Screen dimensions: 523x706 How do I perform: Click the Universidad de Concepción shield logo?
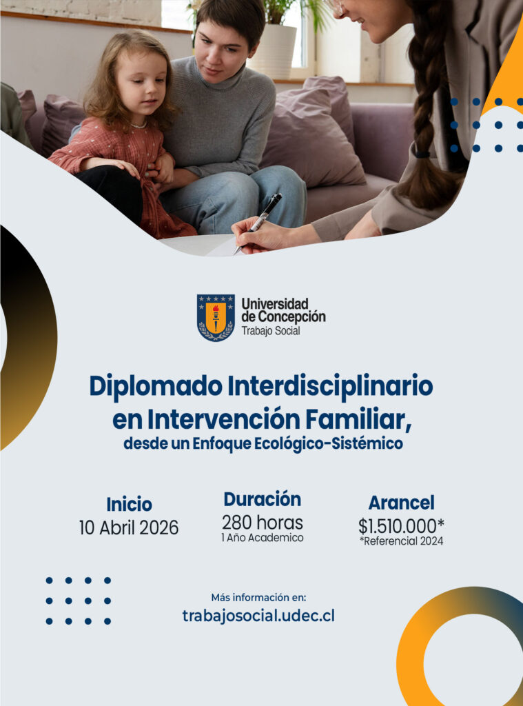tap(216, 318)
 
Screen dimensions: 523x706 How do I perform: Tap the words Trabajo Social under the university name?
tap(271, 331)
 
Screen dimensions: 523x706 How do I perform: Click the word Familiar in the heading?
tap(358, 419)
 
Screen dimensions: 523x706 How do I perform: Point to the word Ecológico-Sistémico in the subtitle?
tap(329, 444)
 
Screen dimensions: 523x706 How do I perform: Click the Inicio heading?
tap(129, 504)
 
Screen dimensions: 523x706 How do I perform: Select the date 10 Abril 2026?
tap(129, 527)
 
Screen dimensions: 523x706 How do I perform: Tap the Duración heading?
tap(263, 499)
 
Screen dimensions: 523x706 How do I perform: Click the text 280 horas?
tap(263, 523)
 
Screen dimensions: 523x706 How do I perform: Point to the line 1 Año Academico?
tap(263, 538)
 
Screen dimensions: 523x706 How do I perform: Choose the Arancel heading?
tap(402, 503)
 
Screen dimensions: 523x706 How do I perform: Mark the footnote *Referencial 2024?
tap(402, 541)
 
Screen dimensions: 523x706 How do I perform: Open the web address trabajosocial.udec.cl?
tap(258, 616)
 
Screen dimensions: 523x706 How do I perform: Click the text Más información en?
tap(258, 598)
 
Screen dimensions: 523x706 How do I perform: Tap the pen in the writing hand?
tap(258, 223)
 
